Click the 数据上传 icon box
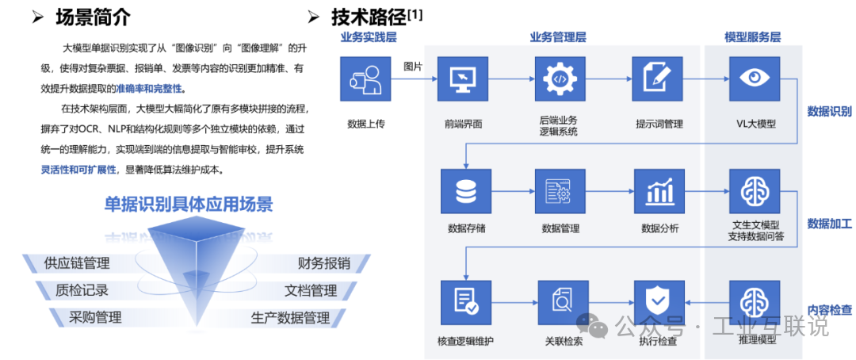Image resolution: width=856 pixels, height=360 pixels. click(366, 79)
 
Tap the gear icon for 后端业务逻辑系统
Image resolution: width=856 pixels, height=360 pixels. click(560, 79)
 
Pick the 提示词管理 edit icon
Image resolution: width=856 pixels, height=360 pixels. click(658, 79)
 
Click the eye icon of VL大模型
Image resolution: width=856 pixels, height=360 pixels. click(755, 79)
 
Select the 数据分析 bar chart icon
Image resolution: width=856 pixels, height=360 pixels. click(658, 191)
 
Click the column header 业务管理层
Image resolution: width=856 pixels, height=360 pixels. click(558, 37)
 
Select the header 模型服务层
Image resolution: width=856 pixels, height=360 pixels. click(752, 37)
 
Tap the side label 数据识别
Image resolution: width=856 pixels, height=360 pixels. click(829, 112)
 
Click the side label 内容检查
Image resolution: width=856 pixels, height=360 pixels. click(829, 309)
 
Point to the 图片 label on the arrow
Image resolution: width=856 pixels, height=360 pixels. click(414, 66)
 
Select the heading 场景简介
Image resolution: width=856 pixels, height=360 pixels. click(94, 16)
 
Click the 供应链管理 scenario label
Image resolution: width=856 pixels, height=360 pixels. click(78, 263)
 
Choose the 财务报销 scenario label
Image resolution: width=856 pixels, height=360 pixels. click(323, 263)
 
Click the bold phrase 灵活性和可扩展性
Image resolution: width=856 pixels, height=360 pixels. click(78, 170)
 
